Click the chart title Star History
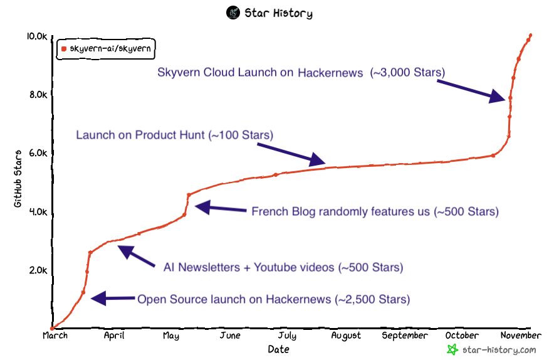click(278, 13)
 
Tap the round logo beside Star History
click(233, 13)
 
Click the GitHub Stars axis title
click(18, 179)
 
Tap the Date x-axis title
click(278, 349)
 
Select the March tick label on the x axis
click(55, 336)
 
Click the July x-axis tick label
click(287, 336)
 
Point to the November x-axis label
click(521, 336)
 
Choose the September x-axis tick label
click(404, 336)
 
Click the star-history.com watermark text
click(499, 349)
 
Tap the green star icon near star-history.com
click(452, 349)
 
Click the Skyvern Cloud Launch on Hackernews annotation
click(301, 73)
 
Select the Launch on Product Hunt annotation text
click(174, 135)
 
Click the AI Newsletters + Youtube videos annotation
click(283, 268)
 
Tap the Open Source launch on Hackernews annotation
click(273, 299)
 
